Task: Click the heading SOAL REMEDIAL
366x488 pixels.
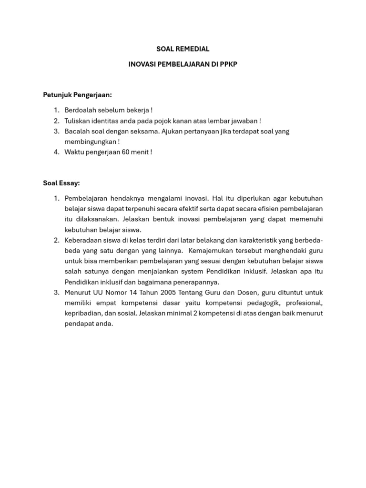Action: [x=183, y=49]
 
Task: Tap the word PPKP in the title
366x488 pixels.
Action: [x=228, y=64]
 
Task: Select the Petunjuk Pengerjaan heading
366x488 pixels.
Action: [x=78, y=95]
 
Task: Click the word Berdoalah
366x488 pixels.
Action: [x=80, y=111]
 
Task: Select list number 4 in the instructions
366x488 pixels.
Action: [x=56, y=152]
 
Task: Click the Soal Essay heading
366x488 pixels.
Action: [x=61, y=183]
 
